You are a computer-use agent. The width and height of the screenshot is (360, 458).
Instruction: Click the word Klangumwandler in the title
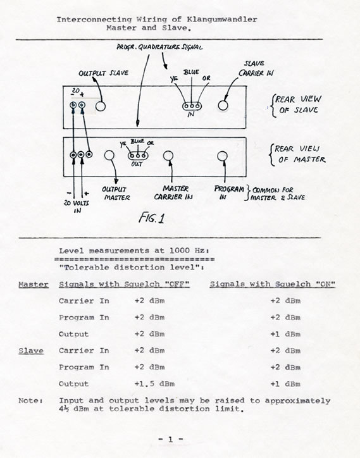222,20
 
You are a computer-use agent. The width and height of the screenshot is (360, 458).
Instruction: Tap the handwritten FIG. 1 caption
151,218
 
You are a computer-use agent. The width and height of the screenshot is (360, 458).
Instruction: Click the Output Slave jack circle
100,106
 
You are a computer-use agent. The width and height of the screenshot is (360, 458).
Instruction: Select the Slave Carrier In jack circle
223,106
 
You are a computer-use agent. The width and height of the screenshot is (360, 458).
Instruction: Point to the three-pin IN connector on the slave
192,106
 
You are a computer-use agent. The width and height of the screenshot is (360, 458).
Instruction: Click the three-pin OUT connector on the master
137,156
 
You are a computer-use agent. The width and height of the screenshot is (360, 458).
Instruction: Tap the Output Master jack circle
109,155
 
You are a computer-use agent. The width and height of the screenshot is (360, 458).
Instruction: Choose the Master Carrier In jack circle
168,156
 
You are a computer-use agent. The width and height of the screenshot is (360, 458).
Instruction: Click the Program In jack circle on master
222,156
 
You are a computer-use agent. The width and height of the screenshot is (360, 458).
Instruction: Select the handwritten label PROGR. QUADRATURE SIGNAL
159,47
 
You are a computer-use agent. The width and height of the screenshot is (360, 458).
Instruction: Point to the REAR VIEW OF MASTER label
298,154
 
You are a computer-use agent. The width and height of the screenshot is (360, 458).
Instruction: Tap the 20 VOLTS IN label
77,206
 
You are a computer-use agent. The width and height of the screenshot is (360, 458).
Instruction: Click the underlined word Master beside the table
34,285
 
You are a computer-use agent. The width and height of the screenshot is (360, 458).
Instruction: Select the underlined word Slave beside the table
31,351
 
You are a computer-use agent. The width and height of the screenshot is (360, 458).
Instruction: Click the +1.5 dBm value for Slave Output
154,384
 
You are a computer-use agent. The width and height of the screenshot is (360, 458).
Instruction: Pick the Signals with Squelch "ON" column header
272,284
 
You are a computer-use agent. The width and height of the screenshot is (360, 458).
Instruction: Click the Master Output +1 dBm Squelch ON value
285,334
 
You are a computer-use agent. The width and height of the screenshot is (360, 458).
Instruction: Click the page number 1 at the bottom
171,439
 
